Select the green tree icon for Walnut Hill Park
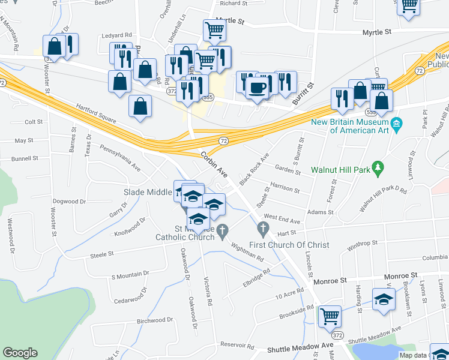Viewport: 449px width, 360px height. tap(378, 169)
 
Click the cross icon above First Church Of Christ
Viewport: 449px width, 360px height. tap(262, 229)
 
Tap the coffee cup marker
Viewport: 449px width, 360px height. tap(258, 88)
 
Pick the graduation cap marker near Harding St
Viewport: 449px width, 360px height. tap(384, 299)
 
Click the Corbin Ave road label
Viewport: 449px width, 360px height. tap(214, 163)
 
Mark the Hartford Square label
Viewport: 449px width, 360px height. tap(95, 112)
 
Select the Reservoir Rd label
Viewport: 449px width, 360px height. tap(237, 345)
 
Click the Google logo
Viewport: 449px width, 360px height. tap(20, 353)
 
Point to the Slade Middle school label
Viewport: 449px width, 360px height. tap(148, 192)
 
